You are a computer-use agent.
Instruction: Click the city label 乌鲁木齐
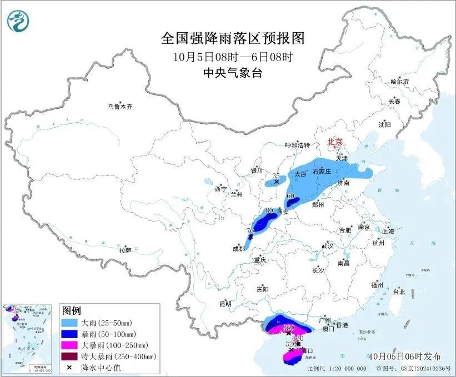[121, 105]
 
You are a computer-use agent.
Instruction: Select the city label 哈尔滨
[399, 81]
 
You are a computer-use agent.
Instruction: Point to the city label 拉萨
[125, 250]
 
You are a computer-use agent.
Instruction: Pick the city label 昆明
[225, 304]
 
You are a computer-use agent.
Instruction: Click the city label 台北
[398, 291]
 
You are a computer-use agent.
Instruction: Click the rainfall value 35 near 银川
[276, 175]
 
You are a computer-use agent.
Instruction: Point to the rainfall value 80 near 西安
[269, 211]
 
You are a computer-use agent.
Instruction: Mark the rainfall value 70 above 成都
[250, 230]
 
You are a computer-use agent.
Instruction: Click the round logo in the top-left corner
[18, 21]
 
